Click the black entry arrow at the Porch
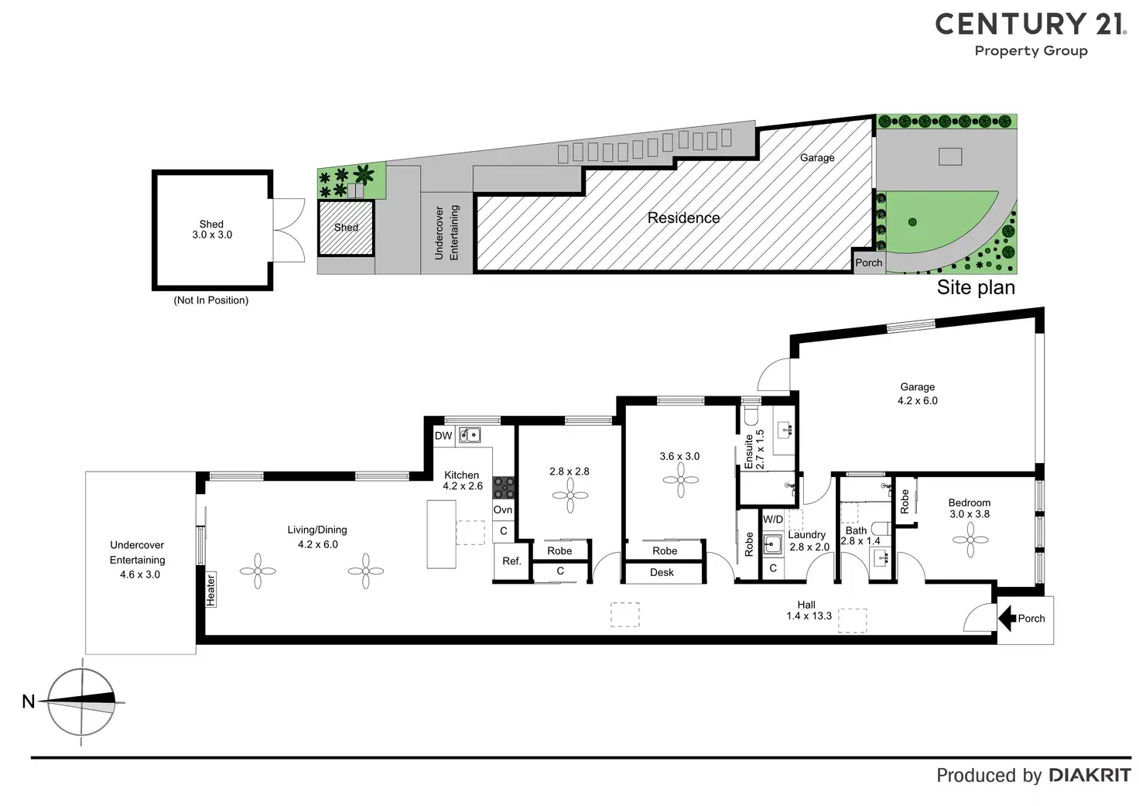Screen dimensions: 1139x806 pyautogui.click(x=1007, y=618)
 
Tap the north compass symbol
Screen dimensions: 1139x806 pyautogui.click(x=81, y=701)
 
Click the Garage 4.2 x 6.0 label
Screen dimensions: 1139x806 pyautogui.click(x=917, y=393)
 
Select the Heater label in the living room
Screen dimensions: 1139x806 pyautogui.click(x=210, y=590)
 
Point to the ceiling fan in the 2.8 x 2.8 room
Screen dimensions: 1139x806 pyautogui.click(x=570, y=495)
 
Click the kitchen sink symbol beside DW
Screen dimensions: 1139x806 pyautogui.click(x=470, y=435)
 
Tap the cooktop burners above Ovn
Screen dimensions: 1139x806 pyautogui.click(x=504, y=488)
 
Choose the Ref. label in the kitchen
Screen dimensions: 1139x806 pyautogui.click(x=511, y=561)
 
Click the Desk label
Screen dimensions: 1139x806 pyautogui.click(x=662, y=573)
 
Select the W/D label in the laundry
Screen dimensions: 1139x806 pyautogui.click(x=773, y=520)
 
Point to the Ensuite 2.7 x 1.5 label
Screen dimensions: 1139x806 pyautogui.click(x=754, y=450)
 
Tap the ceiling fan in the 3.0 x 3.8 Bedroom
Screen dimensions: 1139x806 pyautogui.click(x=970, y=540)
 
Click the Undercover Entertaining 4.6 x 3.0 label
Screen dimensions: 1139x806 pyautogui.click(x=138, y=560)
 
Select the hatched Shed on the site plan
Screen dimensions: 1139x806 pyautogui.click(x=346, y=228)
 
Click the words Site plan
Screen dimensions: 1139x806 pyautogui.click(x=976, y=287)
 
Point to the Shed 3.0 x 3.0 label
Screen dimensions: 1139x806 pyautogui.click(x=212, y=229)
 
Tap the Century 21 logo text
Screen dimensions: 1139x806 pyautogui.click(x=1030, y=25)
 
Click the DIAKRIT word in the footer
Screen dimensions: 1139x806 pyautogui.click(x=1089, y=775)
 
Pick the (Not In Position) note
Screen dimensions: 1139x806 pyautogui.click(x=211, y=300)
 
